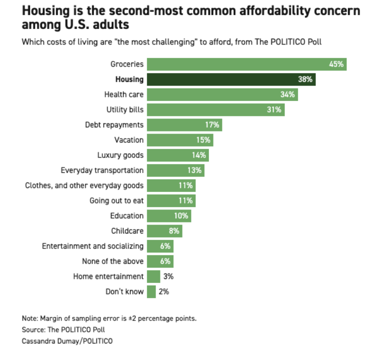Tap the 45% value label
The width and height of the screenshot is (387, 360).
point(335,64)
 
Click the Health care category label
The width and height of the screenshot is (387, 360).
point(123,94)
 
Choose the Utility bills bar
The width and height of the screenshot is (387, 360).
point(215,109)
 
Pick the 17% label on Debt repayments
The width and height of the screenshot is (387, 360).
point(212,124)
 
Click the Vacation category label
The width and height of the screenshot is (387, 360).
point(128,140)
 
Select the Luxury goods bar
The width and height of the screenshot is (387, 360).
point(177,155)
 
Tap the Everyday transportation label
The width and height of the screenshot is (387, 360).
point(102,170)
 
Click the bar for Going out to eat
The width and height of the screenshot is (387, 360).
point(171,200)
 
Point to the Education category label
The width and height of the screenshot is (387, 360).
point(127,216)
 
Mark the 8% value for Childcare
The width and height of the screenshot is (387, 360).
point(174,231)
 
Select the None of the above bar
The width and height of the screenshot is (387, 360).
point(160,261)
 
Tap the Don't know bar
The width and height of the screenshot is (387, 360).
point(151,291)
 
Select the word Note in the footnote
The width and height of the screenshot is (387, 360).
point(29,318)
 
